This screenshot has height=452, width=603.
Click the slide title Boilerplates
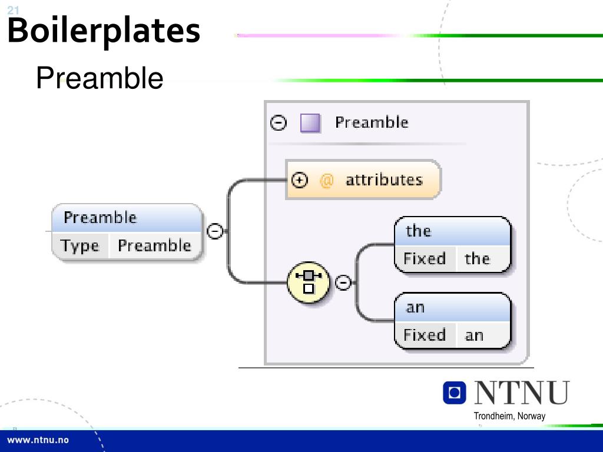[x=104, y=31]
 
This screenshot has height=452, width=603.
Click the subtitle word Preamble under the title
[x=100, y=78]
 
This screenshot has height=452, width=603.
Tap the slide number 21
[x=13, y=9]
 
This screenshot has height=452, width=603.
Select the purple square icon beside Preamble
[x=310, y=123]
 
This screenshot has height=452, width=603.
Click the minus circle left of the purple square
[x=278, y=122]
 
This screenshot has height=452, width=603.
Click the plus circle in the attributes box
[x=300, y=180]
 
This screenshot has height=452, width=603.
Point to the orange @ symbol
[x=326, y=180]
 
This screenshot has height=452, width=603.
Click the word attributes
[x=384, y=180]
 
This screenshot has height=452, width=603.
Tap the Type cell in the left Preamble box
[x=80, y=246]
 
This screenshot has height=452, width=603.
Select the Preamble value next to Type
[x=154, y=246]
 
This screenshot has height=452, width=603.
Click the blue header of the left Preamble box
[x=126, y=218]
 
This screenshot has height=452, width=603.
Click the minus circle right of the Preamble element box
[x=216, y=231]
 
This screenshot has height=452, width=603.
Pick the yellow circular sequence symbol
[x=309, y=282]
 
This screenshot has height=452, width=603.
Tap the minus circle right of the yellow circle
[x=343, y=283]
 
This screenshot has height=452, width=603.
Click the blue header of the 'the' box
[x=452, y=231]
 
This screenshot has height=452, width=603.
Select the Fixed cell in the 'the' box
[x=425, y=259]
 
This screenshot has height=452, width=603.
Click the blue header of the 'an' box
[x=452, y=307]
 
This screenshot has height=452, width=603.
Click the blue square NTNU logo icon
[x=454, y=393]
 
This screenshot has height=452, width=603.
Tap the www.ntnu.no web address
[x=38, y=440]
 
